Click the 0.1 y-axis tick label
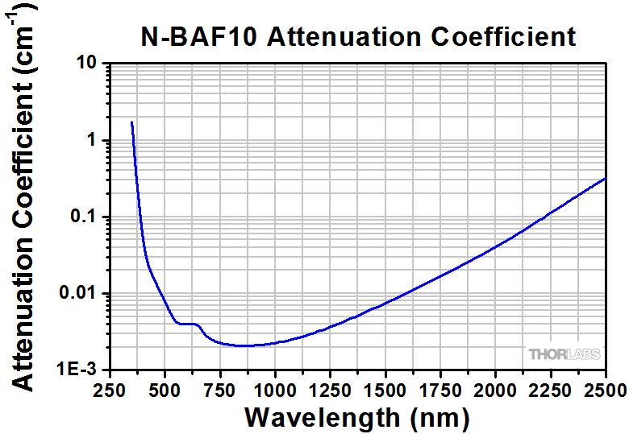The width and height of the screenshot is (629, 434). (82, 217)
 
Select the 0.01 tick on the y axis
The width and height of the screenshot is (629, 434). (78, 294)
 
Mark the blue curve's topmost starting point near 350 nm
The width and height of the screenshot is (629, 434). (131, 122)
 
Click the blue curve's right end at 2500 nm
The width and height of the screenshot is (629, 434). (605, 178)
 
